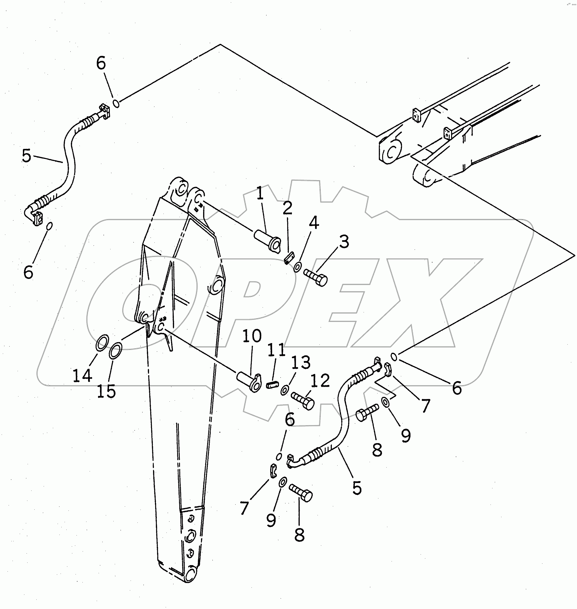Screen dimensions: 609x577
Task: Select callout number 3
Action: (344, 242)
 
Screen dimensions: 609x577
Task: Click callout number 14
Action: (82, 375)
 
